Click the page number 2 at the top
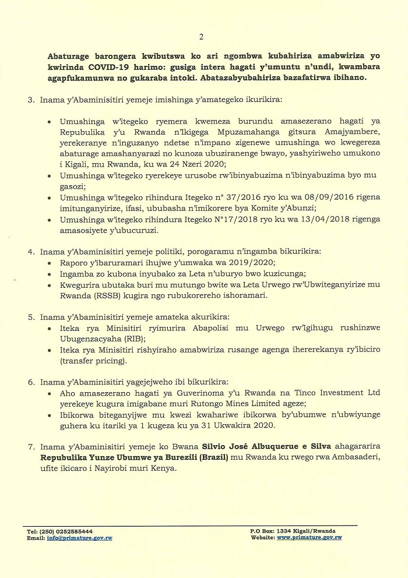pyautogui.click(x=201, y=37)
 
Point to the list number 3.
pyautogui.click(x=31, y=100)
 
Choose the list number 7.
pyautogui.click(x=31, y=446)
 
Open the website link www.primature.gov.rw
pyautogui.click(x=309, y=537)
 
